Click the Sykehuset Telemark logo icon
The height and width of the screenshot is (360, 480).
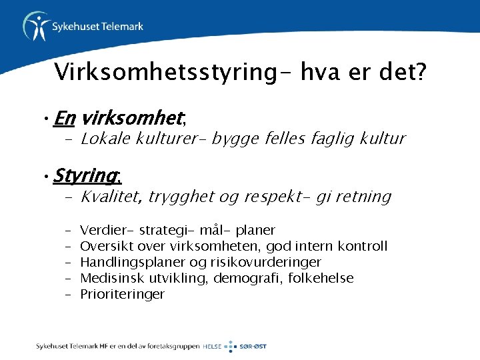35,26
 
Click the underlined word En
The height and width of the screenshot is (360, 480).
64,119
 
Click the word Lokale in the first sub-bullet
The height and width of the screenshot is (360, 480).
104,139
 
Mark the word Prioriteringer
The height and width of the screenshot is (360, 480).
122,294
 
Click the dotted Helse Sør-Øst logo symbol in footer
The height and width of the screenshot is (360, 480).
229,347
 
